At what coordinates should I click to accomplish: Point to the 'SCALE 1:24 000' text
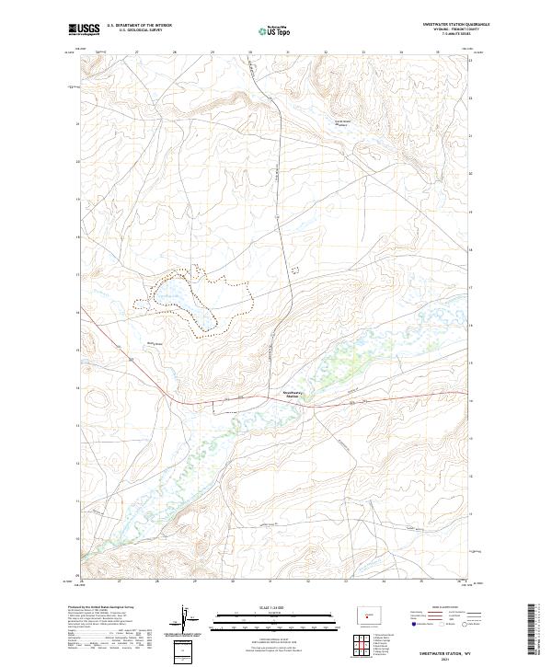tap(261, 607)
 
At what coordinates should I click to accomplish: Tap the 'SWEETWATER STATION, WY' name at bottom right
tap(441, 650)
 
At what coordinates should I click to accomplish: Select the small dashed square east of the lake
tap(294, 269)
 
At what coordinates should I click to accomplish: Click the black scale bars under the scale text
tap(261, 616)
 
